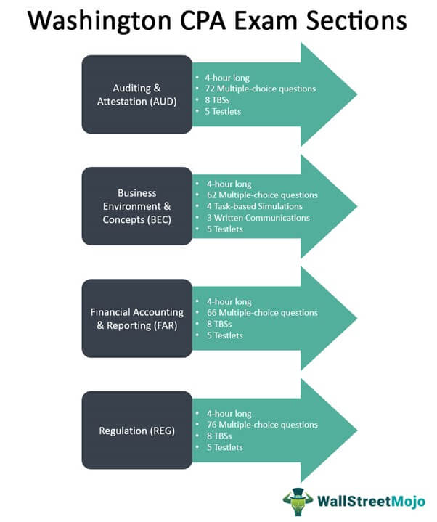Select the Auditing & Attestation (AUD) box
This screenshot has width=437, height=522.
click(137, 95)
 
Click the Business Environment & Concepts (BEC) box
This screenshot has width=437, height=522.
click(137, 207)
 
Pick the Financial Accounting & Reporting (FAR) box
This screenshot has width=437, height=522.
click(137, 319)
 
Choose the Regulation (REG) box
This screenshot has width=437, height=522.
click(137, 431)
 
